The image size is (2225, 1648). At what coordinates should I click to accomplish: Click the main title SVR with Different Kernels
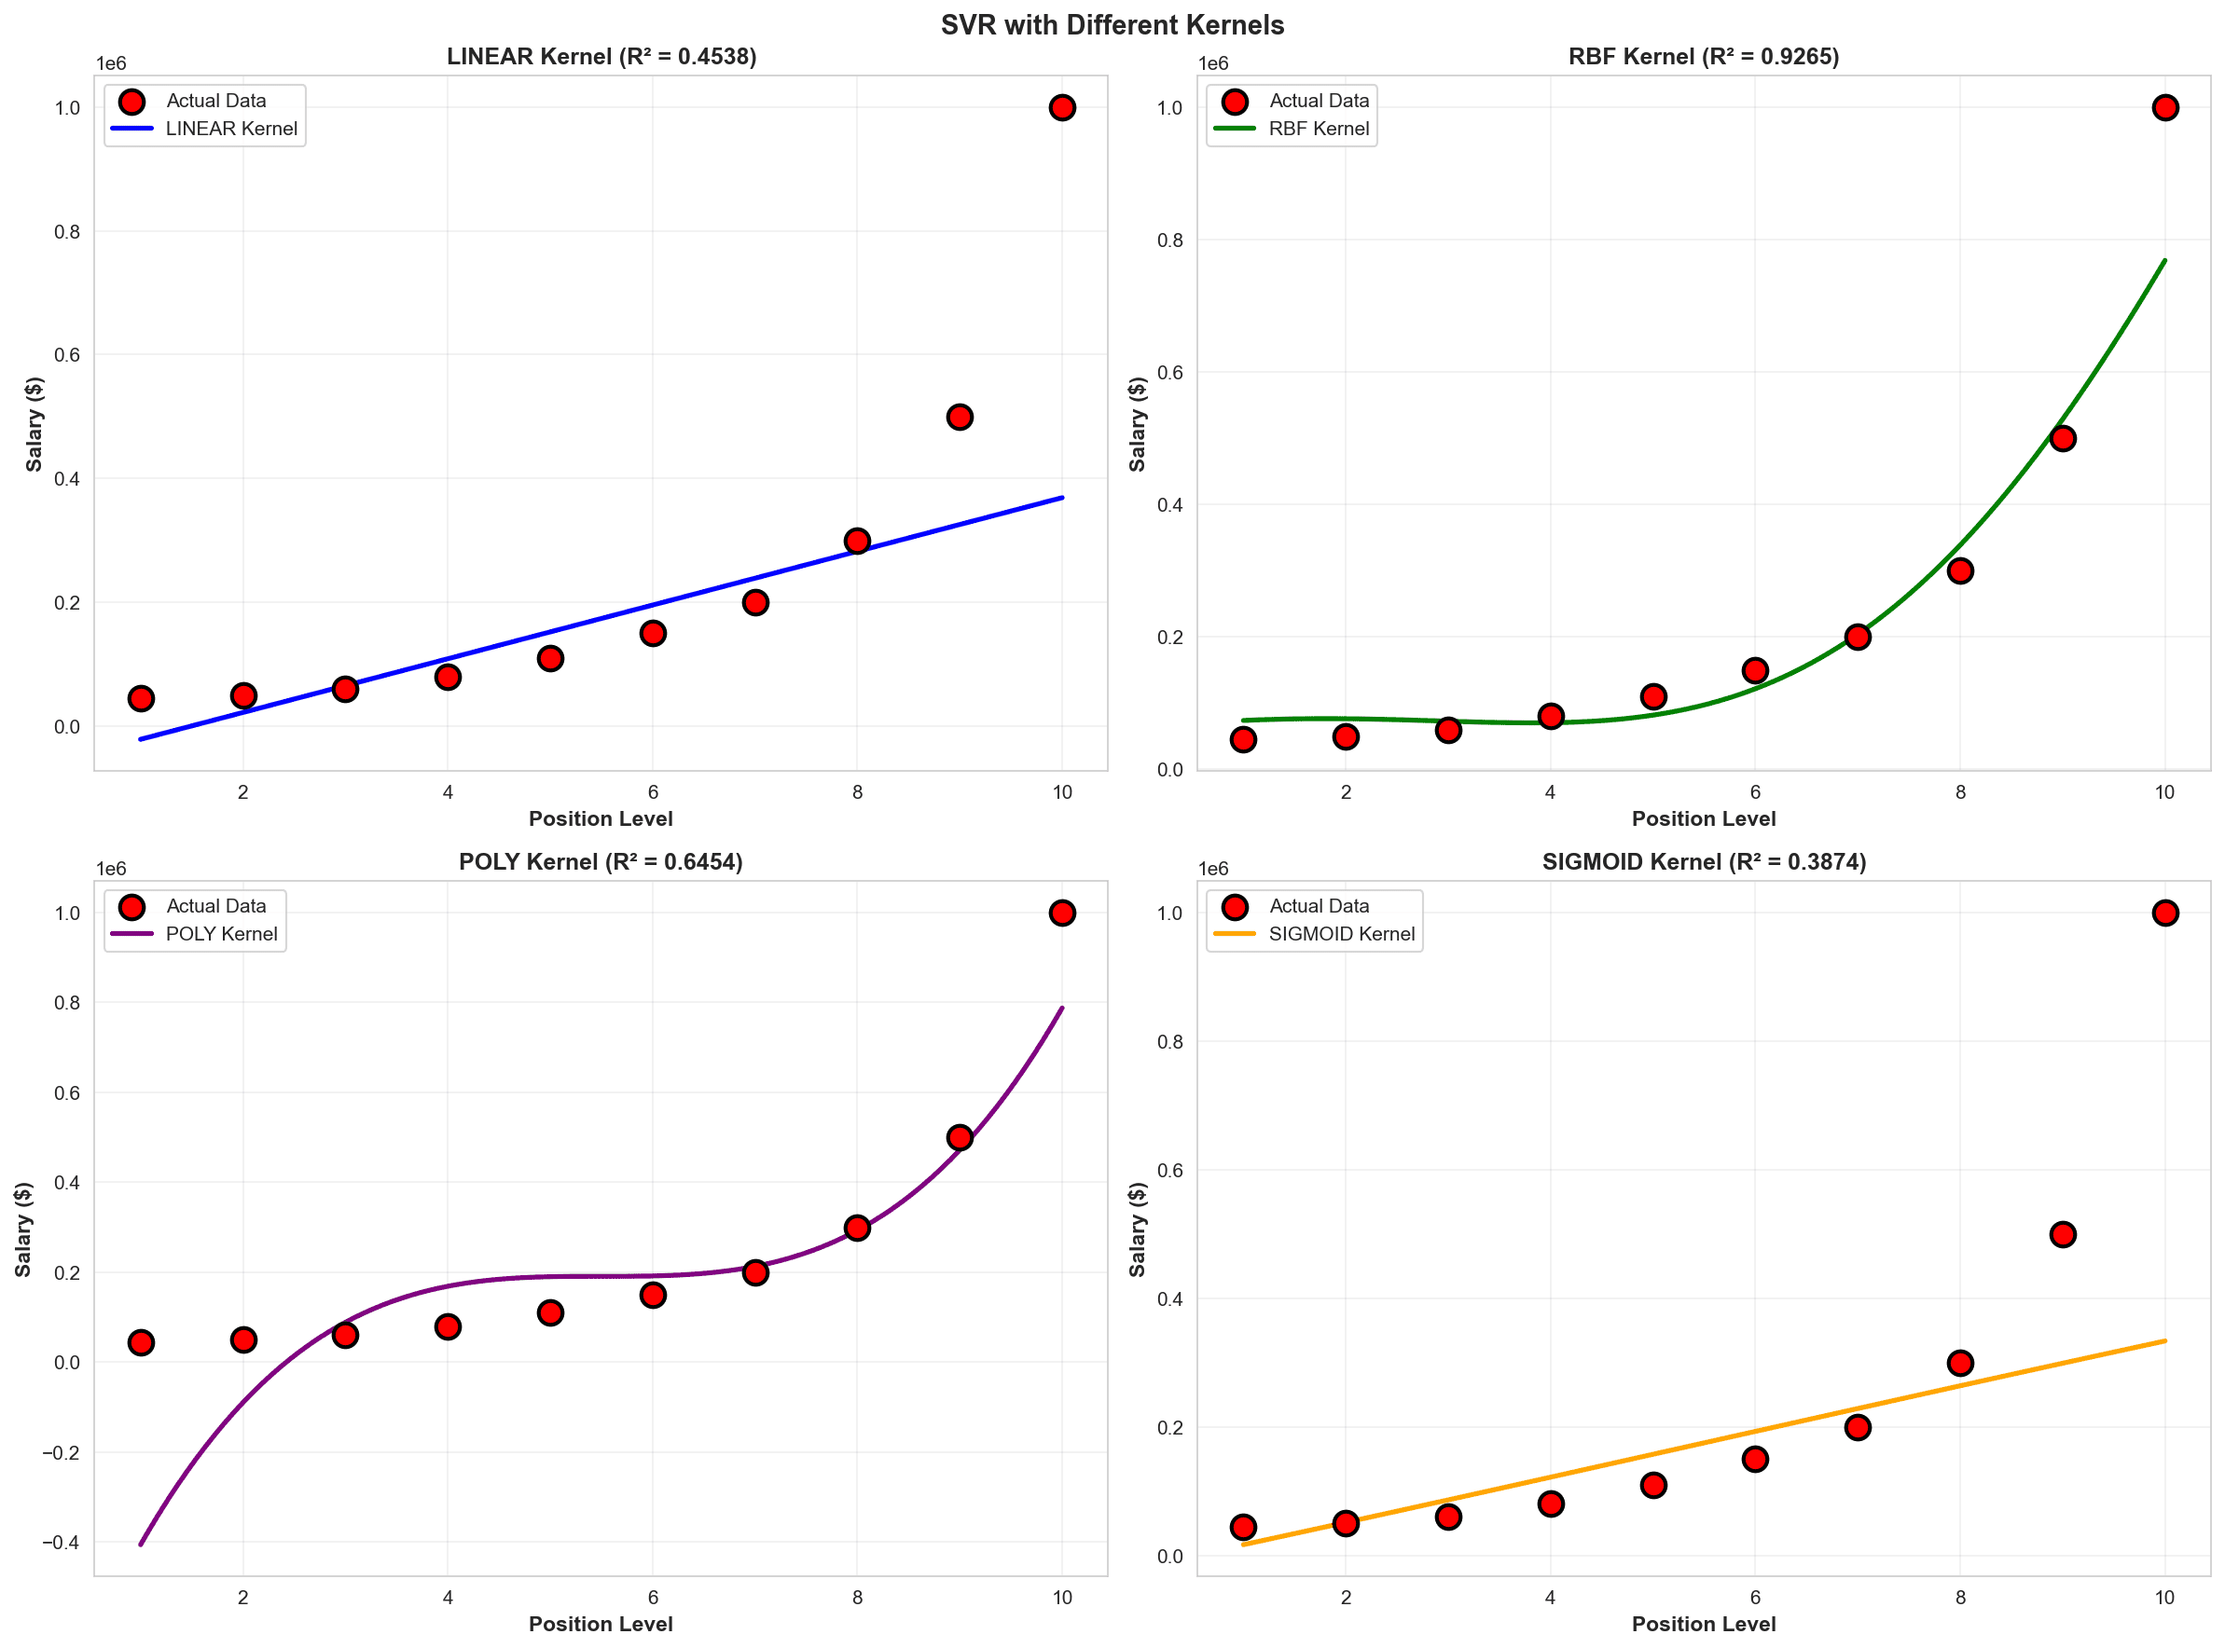coord(1112,25)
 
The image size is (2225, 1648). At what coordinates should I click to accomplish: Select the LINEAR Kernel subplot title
coord(601,57)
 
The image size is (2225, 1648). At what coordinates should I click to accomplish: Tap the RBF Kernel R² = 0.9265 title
coord(1703,57)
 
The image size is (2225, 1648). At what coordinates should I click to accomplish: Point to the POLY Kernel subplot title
coord(601,862)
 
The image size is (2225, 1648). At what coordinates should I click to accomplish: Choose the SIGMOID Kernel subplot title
coord(1703,862)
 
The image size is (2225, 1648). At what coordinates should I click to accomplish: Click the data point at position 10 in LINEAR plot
coord(1061,108)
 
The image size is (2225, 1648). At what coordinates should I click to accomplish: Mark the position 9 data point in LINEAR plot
coord(959,417)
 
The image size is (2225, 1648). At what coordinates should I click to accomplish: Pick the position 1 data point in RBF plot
coord(1242,739)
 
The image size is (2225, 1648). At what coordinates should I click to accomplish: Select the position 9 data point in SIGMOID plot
coord(2063,1235)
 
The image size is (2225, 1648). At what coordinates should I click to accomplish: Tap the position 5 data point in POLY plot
coord(550,1312)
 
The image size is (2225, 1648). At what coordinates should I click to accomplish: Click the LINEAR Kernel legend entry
coord(230,129)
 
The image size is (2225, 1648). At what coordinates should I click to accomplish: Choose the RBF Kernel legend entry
coord(1318,129)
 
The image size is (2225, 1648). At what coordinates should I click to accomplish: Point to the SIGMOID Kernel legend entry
coord(1341,934)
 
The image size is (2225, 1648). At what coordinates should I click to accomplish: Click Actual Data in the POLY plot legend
coord(215,906)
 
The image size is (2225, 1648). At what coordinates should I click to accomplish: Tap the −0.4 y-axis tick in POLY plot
coord(62,1543)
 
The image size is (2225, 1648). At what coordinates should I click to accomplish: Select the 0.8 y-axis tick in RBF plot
coord(1169,240)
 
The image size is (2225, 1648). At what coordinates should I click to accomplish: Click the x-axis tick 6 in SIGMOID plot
coord(1754,1597)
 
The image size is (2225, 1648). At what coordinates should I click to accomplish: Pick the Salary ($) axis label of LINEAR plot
coord(35,424)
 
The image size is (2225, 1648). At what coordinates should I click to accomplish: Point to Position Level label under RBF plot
coord(1703,819)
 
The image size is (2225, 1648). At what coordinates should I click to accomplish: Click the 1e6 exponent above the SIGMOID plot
coord(1212,869)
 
